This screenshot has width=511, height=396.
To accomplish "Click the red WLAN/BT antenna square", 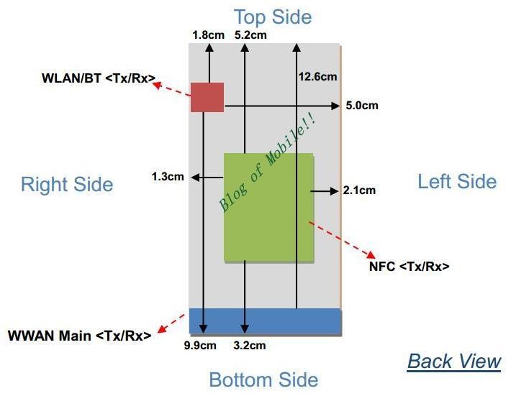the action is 207,97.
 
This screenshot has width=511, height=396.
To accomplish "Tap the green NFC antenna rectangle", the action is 269,208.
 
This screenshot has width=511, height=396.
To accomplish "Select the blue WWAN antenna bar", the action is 266,321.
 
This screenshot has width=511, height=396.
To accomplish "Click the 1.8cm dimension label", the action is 209,35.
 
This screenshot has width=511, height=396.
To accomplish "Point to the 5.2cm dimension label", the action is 250,35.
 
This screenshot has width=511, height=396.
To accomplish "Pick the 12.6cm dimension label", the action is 317,77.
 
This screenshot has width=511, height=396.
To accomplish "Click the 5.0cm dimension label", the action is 362,106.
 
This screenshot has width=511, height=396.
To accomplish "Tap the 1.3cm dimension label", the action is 168,177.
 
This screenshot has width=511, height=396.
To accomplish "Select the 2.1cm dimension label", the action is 359,190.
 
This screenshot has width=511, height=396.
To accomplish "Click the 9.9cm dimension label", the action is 200,345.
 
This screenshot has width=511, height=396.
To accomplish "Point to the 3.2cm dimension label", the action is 250,345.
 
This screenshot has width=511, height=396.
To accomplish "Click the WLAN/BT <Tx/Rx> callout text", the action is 99,78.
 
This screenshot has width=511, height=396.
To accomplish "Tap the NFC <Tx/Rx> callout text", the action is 410,267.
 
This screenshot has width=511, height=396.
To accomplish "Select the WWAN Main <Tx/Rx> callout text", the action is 80,336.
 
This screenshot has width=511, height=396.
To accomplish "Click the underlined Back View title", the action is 454,362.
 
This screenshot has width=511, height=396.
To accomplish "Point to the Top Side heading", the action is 273,17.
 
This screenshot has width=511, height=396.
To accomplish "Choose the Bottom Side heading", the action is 263,379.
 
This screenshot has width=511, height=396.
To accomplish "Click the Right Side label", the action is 67,184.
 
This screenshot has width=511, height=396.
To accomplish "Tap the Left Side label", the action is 457,181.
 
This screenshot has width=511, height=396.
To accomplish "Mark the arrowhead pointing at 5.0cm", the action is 335,106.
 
